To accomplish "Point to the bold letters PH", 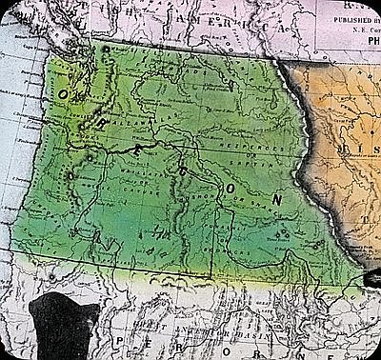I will coord(366,39).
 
